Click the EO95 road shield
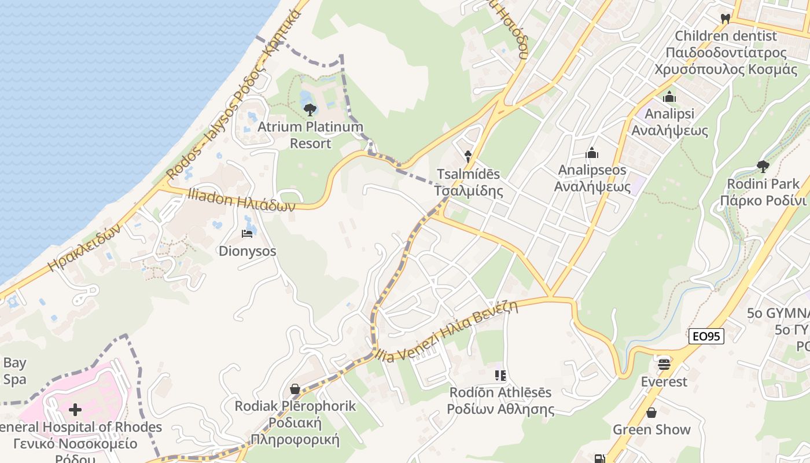(706, 336)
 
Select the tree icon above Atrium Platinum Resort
(310, 109)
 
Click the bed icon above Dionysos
(247, 234)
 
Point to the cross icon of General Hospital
(75, 410)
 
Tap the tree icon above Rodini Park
(763, 167)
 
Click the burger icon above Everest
(664, 364)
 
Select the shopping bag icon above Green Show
(651, 413)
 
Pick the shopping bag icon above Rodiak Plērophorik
(295, 389)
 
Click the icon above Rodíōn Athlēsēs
(501, 376)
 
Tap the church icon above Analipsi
(669, 97)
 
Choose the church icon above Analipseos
(591, 153)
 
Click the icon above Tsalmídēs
(468, 156)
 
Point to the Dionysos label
(247, 252)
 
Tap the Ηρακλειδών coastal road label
(84, 247)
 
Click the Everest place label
(664, 382)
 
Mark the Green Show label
(651, 430)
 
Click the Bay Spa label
(14, 371)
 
